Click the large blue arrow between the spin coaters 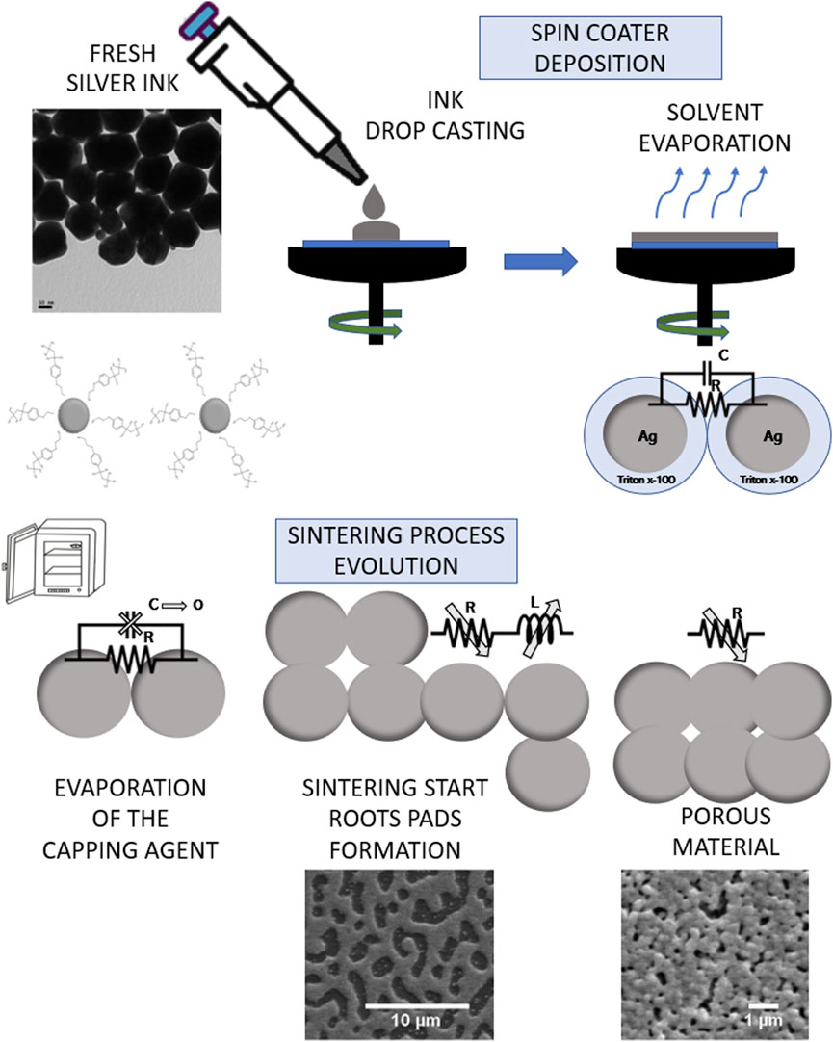(x=540, y=260)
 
